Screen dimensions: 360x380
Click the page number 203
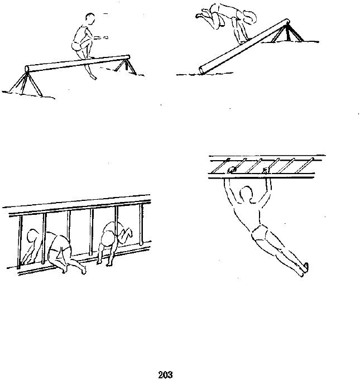coord(165,374)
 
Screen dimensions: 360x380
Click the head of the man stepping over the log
coord(90,18)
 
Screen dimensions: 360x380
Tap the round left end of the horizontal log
coord(27,69)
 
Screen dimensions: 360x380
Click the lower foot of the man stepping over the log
coord(93,77)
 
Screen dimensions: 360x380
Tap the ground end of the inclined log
coord(201,70)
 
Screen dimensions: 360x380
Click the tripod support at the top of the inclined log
coord(288,33)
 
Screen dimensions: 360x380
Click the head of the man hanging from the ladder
coord(247,194)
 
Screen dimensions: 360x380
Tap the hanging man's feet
coord(304,270)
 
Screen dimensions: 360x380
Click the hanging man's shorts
coord(260,233)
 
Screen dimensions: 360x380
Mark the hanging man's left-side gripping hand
coord(232,170)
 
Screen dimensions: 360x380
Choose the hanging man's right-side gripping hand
coord(266,170)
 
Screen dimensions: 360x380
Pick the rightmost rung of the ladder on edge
coord(141,224)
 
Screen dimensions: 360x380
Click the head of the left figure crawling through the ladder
coord(32,236)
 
